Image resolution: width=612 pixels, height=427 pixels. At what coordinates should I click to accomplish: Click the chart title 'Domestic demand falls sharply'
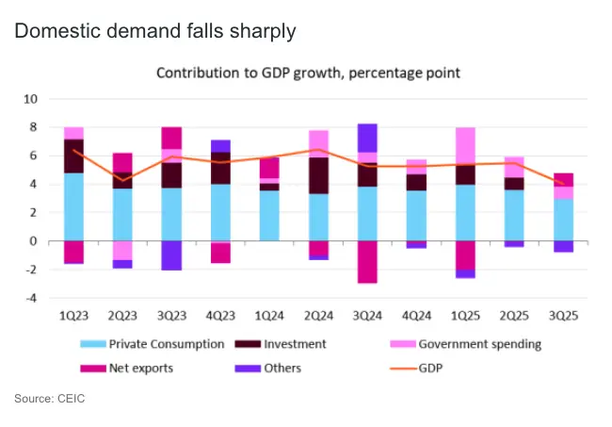[154, 31]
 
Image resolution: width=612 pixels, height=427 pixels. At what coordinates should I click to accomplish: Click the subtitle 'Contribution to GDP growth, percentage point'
[308, 73]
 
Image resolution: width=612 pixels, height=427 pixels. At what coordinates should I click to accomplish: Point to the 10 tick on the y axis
[30, 98]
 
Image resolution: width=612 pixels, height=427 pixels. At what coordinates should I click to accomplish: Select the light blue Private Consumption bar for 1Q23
[73, 206]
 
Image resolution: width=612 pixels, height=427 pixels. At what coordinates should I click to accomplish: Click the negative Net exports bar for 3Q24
[367, 261]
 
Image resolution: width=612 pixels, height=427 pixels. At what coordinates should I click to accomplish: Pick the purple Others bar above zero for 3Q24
[367, 138]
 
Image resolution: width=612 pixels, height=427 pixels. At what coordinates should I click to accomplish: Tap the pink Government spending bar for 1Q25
[465, 146]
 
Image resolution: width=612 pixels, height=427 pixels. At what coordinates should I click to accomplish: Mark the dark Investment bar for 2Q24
[318, 175]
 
